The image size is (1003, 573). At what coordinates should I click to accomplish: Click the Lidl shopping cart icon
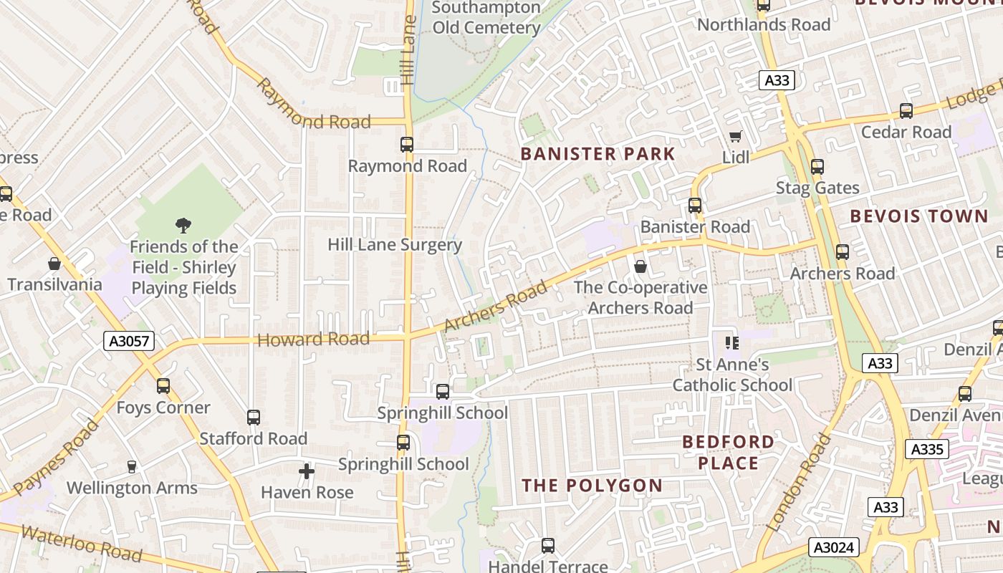pyautogui.click(x=735, y=136)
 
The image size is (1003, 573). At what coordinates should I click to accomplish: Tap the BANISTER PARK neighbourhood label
pyautogui.click(x=598, y=154)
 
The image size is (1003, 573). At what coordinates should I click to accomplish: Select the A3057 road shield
pyautogui.click(x=130, y=341)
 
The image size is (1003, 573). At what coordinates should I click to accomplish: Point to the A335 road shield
pyautogui.click(x=927, y=449)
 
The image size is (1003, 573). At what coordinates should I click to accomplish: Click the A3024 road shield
pyautogui.click(x=834, y=548)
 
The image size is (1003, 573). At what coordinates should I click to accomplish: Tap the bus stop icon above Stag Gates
pyautogui.click(x=817, y=167)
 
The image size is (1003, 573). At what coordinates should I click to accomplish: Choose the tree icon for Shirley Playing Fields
pyautogui.click(x=183, y=226)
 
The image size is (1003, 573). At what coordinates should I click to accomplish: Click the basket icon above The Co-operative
pyautogui.click(x=640, y=266)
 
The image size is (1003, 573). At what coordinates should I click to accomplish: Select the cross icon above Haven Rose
pyautogui.click(x=307, y=471)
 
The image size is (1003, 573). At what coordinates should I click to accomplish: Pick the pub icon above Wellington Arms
pyautogui.click(x=131, y=467)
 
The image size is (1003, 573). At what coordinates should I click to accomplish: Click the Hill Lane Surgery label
pyautogui.click(x=395, y=244)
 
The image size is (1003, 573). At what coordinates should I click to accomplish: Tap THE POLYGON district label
pyautogui.click(x=592, y=486)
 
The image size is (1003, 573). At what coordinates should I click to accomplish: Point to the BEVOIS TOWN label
pyautogui.click(x=918, y=216)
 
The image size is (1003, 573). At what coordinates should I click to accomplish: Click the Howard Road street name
pyautogui.click(x=313, y=340)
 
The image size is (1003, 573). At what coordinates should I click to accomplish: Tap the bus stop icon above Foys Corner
pyautogui.click(x=163, y=386)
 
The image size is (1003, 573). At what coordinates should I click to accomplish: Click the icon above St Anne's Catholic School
pyautogui.click(x=731, y=343)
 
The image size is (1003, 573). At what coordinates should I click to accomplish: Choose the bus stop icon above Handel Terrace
pyautogui.click(x=548, y=546)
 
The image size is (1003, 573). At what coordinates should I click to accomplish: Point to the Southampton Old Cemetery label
pyautogui.click(x=486, y=18)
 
